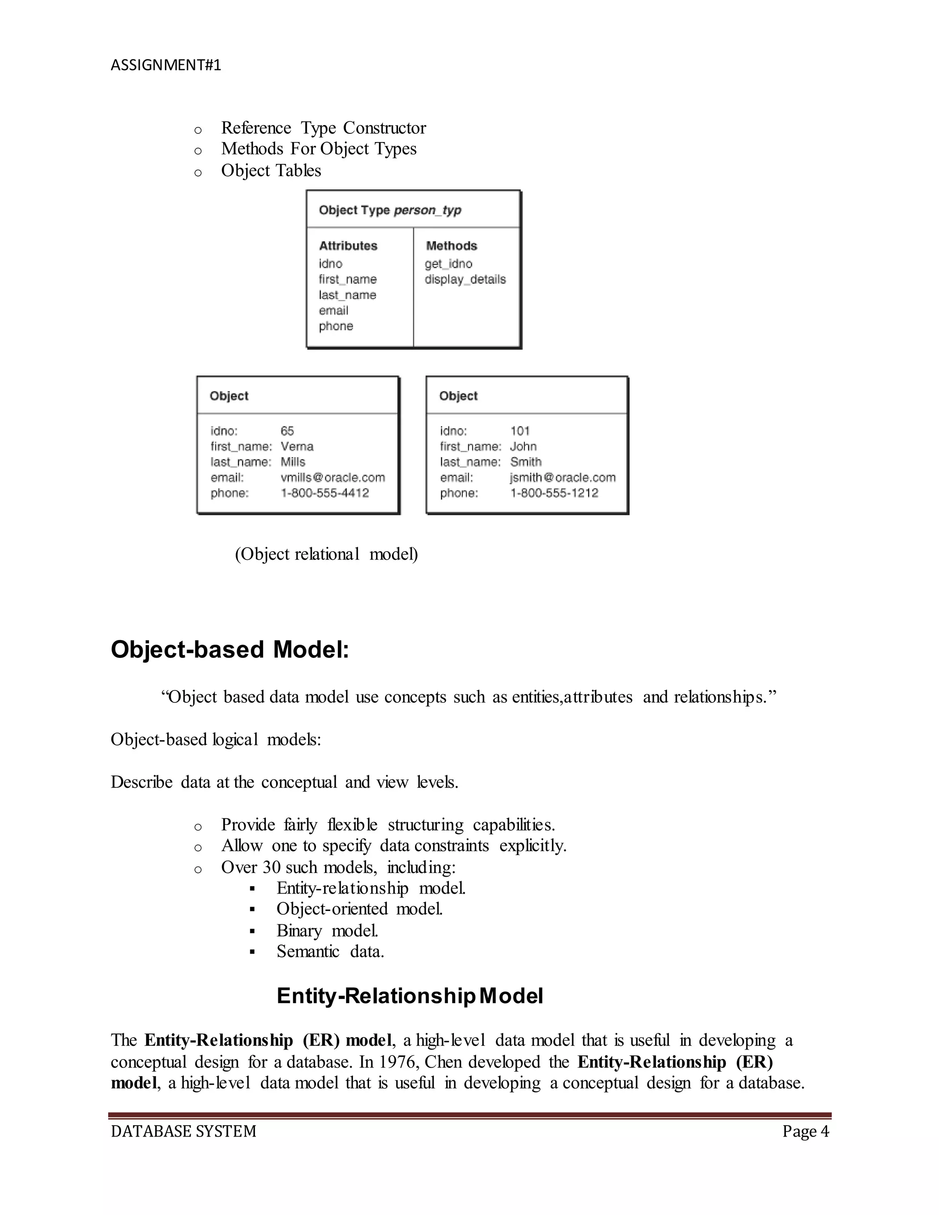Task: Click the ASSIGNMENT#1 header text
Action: (166, 65)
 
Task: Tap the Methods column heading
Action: (451, 246)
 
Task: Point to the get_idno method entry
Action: (448, 264)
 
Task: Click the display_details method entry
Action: (465, 279)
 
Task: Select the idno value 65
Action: (287, 431)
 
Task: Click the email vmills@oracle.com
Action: (333, 477)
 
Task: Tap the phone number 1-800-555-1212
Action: (554, 493)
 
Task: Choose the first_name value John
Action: (523, 446)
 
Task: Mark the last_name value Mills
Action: (293, 462)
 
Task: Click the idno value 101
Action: (519, 431)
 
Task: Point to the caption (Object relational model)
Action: (326, 554)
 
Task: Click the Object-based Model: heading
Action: (230, 649)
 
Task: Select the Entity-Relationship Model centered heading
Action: (409, 996)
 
